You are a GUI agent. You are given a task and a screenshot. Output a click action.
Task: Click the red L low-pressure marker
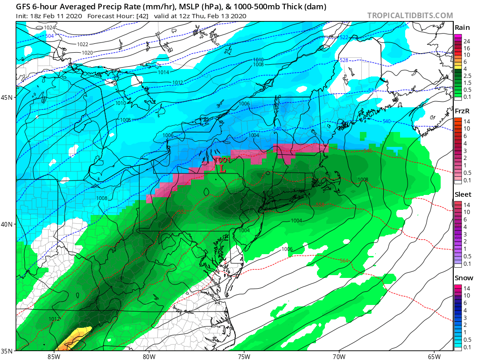pos(223,170)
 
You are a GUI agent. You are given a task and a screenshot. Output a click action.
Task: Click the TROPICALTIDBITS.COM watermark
pos(410,15)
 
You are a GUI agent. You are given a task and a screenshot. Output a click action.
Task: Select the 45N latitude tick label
pos(8,97)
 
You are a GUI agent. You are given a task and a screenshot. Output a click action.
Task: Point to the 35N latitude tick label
pos(8,350)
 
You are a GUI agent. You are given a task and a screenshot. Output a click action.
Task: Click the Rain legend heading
pos(462,28)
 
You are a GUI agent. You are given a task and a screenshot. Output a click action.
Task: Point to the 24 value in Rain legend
pos(466,41)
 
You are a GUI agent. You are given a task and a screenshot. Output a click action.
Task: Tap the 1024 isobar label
pos(49,28)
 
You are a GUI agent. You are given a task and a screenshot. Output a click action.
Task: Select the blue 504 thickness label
pos(49,35)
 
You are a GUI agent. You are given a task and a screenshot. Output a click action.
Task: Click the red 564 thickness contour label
pos(344,261)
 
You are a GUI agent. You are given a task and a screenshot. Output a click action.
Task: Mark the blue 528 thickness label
pos(344,60)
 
